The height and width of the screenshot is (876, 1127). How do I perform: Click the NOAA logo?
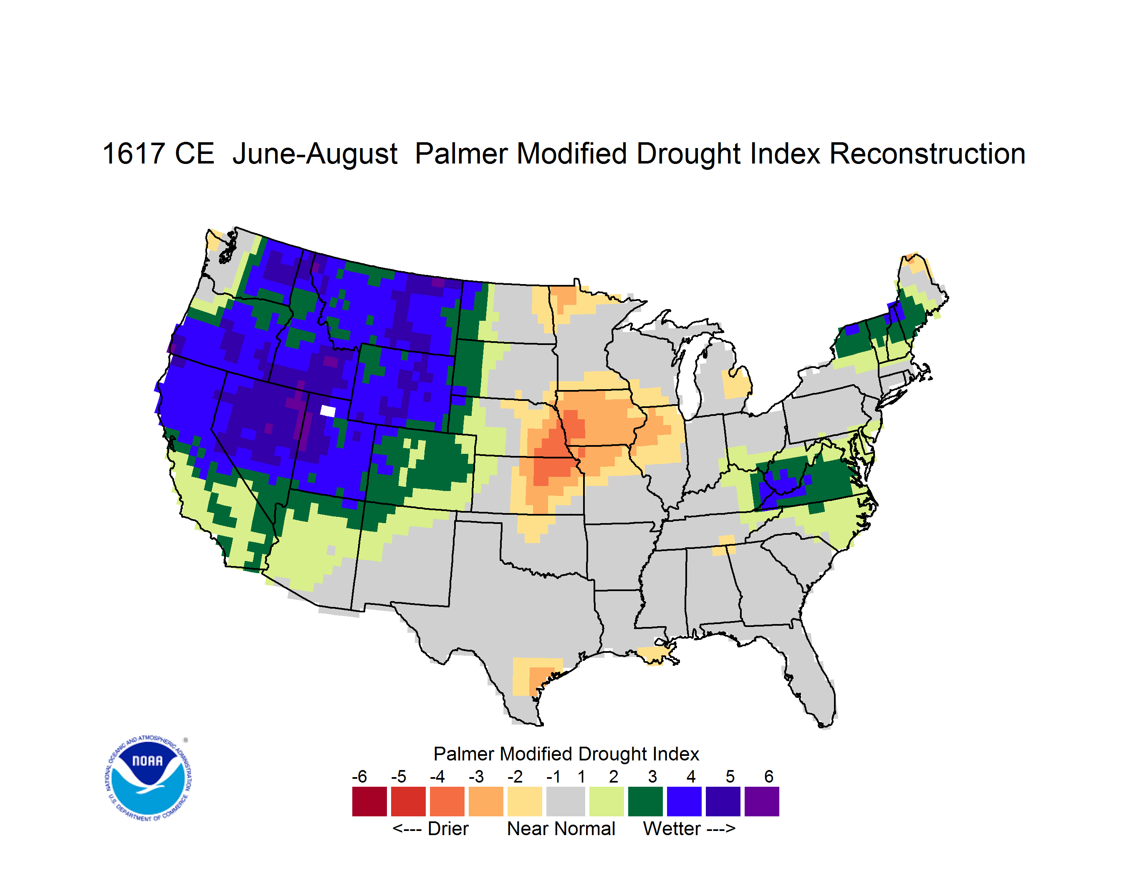[x=148, y=778]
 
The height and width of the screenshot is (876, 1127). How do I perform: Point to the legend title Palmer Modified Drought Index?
[x=566, y=754]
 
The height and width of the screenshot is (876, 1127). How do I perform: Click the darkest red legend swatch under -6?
[x=369, y=801]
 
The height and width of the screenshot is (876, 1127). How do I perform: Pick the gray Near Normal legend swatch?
[x=566, y=801]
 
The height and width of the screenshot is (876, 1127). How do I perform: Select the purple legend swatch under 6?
[x=762, y=801]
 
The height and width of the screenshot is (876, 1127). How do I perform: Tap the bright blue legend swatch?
[x=684, y=801]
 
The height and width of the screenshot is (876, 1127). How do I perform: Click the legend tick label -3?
[x=476, y=776]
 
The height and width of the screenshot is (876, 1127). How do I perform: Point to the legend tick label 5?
[x=730, y=776]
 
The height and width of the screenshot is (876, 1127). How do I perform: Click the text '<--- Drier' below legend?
[x=430, y=828]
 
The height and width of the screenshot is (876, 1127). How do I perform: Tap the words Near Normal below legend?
[x=561, y=828]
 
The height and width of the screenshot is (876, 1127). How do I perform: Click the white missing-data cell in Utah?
[x=328, y=411]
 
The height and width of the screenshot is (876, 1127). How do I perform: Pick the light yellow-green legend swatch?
[x=606, y=801]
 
